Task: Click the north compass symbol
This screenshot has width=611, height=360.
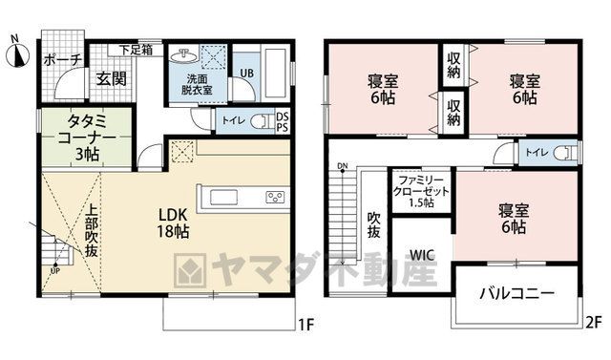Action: click(17, 53)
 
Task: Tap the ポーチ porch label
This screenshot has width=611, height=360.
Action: click(63, 60)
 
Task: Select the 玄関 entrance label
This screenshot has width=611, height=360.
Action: click(112, 78)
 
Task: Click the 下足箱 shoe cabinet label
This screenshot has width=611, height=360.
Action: click(136, 51)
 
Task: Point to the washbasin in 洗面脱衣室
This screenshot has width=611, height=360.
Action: click(183, 56)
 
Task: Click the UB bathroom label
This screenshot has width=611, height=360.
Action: click(246, 73)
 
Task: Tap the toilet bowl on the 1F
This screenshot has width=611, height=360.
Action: click(260, 121)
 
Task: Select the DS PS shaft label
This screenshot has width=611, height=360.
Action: click(283, 122)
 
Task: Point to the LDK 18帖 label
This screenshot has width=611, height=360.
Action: click(173, 223)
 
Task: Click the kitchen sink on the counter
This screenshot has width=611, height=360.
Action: click(224, 197)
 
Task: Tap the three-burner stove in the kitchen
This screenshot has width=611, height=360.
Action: click(275, 197)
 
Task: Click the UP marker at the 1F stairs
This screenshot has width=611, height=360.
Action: click(55, 270)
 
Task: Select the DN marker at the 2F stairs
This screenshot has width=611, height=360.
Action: click(343, 167)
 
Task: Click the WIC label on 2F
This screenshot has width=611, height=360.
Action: click(422, 256)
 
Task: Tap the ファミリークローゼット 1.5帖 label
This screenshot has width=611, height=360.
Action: click(421, 192)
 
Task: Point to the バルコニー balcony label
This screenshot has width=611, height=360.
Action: click(516, 293)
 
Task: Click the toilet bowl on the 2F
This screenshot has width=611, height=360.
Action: click(567, 153)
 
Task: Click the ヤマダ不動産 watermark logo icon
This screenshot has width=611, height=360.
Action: click(190, 270)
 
